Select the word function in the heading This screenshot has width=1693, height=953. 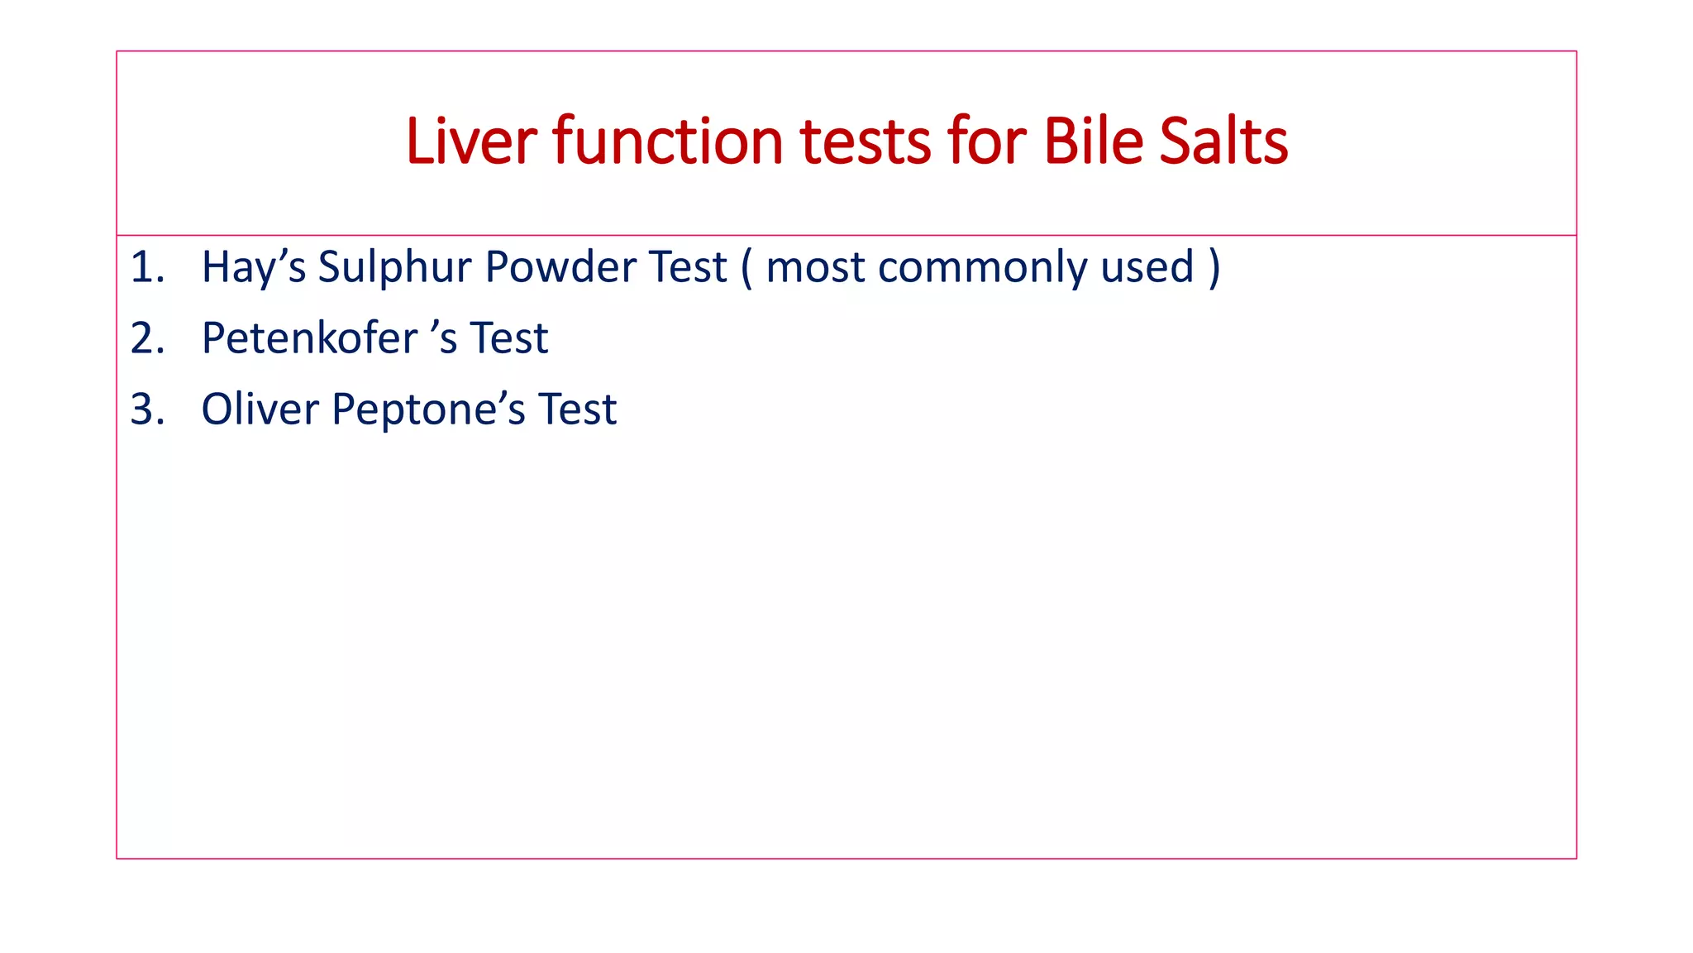pyautogui.click(x=667, y=141)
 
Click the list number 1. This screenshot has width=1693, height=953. pyautogui.click(x=146, y=267)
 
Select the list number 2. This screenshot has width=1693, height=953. pyautogui.click(x=146, y=338)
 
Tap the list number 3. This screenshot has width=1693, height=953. pyautogui.click(x=146, y=409)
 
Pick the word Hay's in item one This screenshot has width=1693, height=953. pyautogui.click(x=253, y=267)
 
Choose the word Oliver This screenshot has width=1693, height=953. pyautogui.click(x=260, y=409)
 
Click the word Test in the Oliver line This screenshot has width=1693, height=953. pyautogui.click(x=577, y=409)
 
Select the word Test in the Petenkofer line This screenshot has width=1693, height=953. pyautogui.click(x=508, y=338)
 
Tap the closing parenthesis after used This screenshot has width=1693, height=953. pyautogui.click(x=1214, y=267)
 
